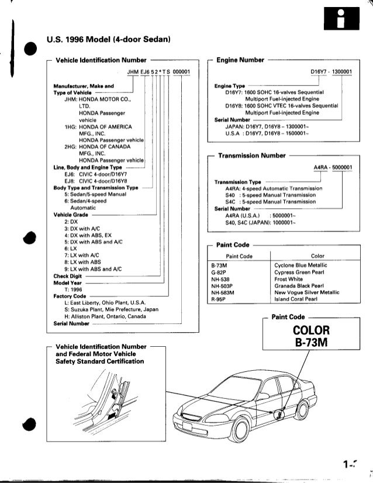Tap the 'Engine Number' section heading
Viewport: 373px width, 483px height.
(x=241, y=60)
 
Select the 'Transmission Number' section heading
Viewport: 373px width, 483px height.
(x=251, y=156)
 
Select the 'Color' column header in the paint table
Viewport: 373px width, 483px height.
(x=318, y=256)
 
